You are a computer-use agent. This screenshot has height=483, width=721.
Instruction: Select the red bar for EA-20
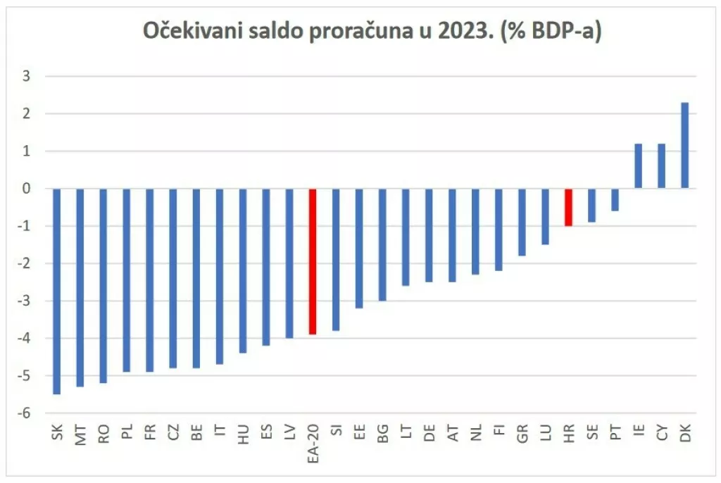(x=313, y=261)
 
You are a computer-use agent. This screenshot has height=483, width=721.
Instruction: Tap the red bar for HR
(x=568, y=207)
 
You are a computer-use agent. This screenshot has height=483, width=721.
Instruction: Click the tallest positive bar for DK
(x=684, y=145)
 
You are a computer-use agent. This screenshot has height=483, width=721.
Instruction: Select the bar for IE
(x=638, y=165)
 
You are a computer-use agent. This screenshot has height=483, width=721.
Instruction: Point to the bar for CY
(x=661, y=165)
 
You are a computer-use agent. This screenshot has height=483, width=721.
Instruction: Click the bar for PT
(x=615, y=199)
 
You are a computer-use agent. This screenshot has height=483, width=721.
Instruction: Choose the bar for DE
(x=429, y=235)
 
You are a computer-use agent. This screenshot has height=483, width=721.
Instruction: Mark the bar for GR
(x=522, y=222)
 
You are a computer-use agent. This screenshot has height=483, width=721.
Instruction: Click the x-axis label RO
(x=104, y=437)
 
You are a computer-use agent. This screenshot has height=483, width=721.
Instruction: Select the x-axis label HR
(x=568, y=437)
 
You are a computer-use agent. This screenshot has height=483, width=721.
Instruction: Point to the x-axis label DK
(x=684, y=437)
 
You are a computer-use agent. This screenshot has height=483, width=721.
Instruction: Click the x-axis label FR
(x=150, y=437)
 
